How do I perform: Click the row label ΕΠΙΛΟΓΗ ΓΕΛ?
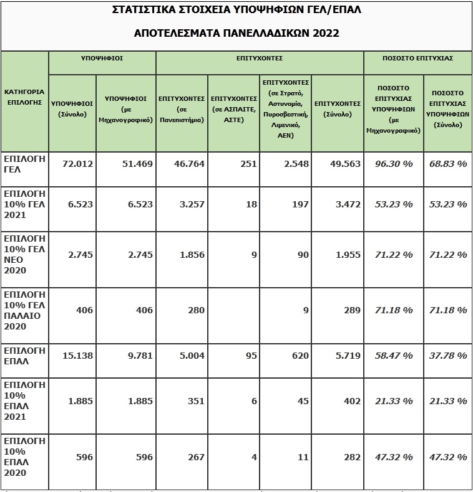click(24, 164)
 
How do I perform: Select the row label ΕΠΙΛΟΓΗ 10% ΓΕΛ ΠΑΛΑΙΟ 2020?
click(24, 310)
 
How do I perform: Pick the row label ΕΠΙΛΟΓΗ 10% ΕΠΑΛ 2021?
click(24, 401)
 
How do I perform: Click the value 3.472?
click(347, 204)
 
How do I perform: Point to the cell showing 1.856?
click(191, 255)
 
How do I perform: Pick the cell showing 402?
click(352, 401)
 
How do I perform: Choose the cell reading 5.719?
click(347, 356)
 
